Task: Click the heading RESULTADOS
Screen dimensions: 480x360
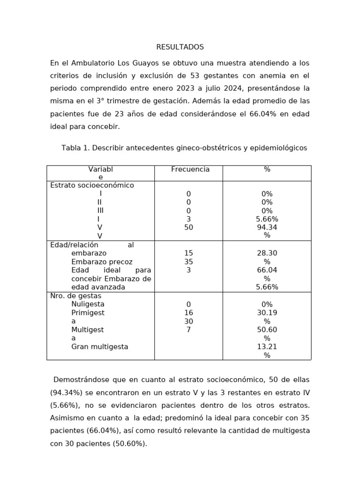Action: (x=180, y=47)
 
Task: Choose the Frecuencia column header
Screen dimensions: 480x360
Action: (x=190, y=169)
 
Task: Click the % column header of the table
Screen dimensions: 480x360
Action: (x=267, y=169)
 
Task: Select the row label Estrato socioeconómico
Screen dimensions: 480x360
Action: (x=92, y=185)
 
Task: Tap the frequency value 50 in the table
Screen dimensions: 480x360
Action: (x=189, y=227)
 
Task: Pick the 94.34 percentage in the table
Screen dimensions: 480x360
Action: (x=267, y=227)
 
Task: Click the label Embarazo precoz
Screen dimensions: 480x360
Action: (x=102, y=262)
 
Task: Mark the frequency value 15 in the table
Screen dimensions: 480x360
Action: (x=189, y=253)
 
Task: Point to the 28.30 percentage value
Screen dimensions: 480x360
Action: (x=267, y=253)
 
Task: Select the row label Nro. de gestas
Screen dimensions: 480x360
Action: (x=75, y=296)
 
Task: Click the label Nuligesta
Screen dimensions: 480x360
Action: (x=88, y=304)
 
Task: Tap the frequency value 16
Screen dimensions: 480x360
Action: (x=189, y=313)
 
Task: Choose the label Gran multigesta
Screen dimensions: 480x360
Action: (x=99, y=347)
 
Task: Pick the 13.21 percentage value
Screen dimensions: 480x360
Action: (x=267, y=347)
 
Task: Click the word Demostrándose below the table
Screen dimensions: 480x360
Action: (x=83, y=379)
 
